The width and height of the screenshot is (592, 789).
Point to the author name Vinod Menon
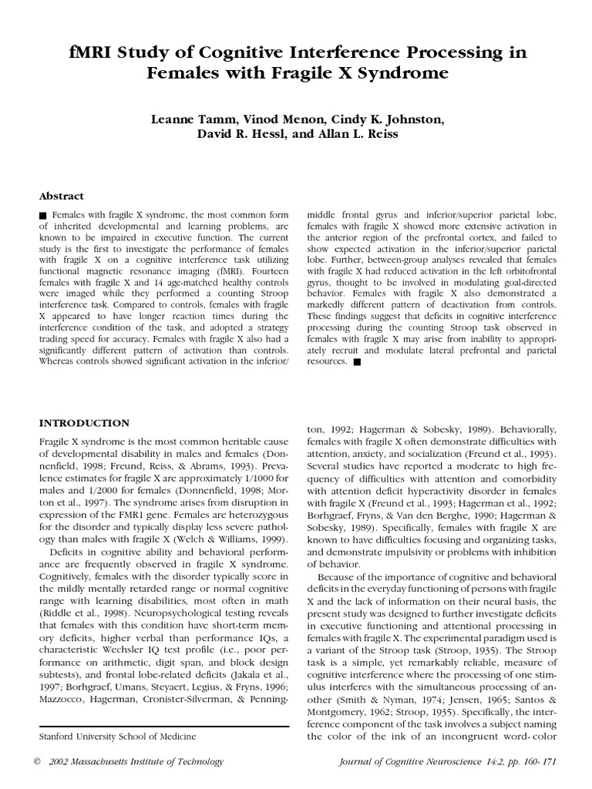[x=284, y=120]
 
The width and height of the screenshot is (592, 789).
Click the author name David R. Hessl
[x=234, y=136]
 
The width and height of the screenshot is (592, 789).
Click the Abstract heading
[x=61, y=196]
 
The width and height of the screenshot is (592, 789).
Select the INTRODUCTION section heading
[x=84, y=423]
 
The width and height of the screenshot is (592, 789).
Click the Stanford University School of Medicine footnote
[x=117, y=737]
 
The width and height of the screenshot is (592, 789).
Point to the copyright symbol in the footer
[x=38, y=761]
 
